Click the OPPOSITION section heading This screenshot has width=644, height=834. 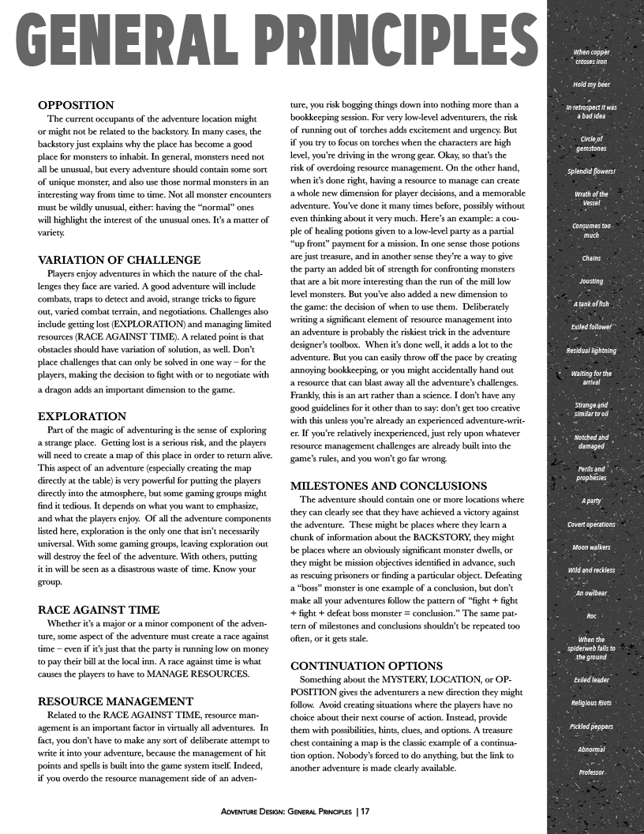pos(77,104)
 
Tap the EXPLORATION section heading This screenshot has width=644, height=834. pos(82,415)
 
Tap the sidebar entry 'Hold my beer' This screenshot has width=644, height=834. pos(591,84)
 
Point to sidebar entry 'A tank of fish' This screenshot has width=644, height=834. pos(591,303)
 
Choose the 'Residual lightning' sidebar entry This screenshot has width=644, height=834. pos(591,350)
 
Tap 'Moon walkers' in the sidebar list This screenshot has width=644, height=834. pos(591,547)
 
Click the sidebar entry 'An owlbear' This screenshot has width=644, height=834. pos(591,592)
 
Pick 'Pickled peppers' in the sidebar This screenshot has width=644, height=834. pos(591,725)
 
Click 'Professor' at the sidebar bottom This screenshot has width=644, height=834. pos(591,772)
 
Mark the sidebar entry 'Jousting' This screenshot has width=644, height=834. pos(591,280)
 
